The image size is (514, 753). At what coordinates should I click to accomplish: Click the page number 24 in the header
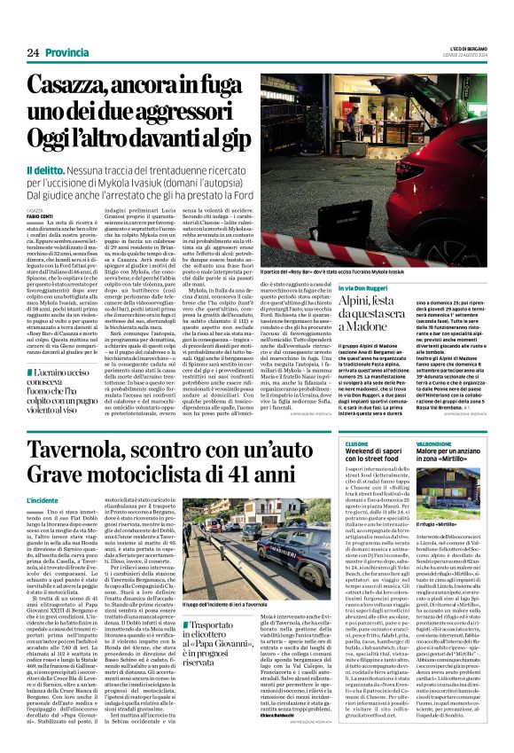[33, 52]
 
